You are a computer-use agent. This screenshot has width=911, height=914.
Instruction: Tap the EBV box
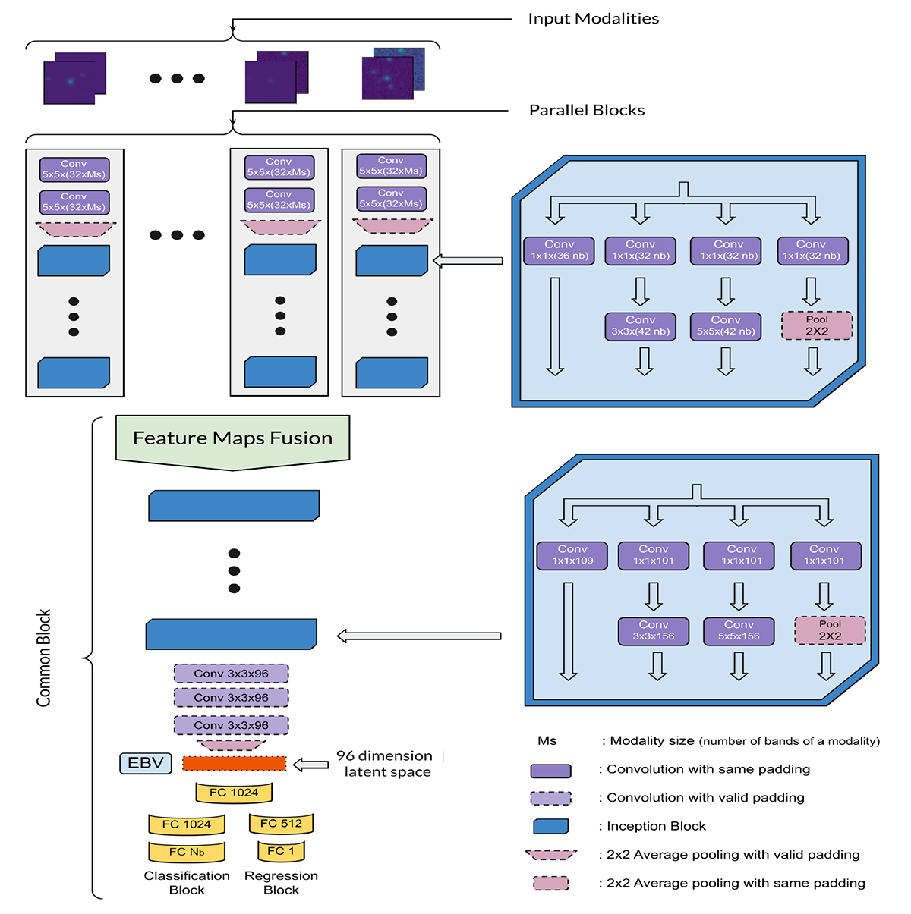click(x=146, y=763)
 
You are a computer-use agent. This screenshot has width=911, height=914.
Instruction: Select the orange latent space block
click(x=235, y=764)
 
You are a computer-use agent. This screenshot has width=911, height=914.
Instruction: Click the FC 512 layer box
click(x=281, y=824)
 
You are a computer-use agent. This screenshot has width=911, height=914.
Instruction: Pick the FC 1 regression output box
click(x=281, y=852)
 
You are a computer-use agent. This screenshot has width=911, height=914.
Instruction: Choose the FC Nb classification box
click(x=187, y=853)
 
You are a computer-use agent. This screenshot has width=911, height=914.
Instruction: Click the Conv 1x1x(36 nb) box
click(x=560, y=250)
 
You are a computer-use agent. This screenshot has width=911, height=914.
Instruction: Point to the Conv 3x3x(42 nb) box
click(x=641, y=326)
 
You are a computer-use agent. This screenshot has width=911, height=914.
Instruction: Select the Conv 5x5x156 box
click(x=739, y=631)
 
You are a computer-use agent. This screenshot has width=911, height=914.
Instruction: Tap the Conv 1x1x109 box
click(x=572, y=555)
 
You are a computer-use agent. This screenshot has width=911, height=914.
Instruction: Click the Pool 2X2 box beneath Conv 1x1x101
click(x=830, y=630)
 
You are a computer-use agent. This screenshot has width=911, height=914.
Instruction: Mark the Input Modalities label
click(x=593, y=19)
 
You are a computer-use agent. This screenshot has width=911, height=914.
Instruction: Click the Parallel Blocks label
click(x=587, y=111)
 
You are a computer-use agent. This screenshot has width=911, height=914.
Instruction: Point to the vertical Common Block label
click(x=44, y=658)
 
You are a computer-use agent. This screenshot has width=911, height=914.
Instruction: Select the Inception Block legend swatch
click(x=551, y=827)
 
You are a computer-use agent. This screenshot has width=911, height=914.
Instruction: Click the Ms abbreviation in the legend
click(x=547, y=741)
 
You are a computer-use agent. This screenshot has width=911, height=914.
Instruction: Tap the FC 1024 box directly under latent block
click(x=234, y=793)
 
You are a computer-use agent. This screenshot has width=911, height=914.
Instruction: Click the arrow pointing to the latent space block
click(x=310, y=765)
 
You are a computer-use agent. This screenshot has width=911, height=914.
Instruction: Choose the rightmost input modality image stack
click(x=393, y=74)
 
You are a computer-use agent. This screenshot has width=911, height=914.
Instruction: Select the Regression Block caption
click(x=281, y=883)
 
